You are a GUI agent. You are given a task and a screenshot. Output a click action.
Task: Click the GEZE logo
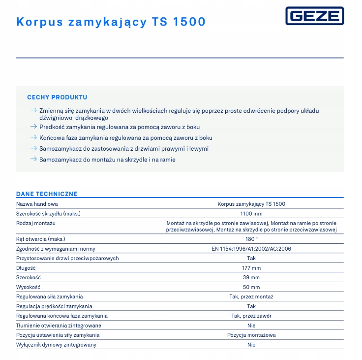pos(314,16)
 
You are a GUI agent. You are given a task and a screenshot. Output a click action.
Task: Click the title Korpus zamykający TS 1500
pos(111,22)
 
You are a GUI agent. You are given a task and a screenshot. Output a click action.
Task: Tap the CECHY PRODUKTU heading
pos(57,98)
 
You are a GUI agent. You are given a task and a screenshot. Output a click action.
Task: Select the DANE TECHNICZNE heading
pos(47,194)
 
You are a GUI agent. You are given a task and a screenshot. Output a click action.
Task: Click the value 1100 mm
pos(251,214)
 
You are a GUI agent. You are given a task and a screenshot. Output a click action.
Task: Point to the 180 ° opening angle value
pos(251,239)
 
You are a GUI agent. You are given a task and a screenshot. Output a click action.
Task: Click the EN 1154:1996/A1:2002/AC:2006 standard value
pos(251,249)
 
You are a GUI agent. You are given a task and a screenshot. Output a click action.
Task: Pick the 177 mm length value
pos(251,268)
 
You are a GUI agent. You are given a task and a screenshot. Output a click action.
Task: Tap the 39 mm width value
pos(251,277)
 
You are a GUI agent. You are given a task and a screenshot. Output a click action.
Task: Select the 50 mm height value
pos(251,287)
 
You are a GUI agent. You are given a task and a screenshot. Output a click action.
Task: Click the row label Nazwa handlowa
pos(37,204)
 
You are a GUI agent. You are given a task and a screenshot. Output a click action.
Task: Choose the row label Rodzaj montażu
pos(36,224)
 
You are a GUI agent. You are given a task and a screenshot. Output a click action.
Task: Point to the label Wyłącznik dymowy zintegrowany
pos(56,345)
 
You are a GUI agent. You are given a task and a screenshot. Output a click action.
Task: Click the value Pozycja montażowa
pos(251,335)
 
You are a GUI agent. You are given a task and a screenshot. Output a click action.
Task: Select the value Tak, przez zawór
pos(251,316)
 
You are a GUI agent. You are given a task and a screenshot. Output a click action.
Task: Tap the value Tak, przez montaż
pos(251,296)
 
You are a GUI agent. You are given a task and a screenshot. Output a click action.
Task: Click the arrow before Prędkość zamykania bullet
pos(33,127)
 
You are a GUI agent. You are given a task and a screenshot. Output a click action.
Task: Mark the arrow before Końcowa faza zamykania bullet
pos(33,138)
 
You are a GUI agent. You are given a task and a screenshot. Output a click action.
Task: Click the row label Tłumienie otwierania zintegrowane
pos(59,326)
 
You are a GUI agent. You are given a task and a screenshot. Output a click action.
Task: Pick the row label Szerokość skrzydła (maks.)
pos(48,214)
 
